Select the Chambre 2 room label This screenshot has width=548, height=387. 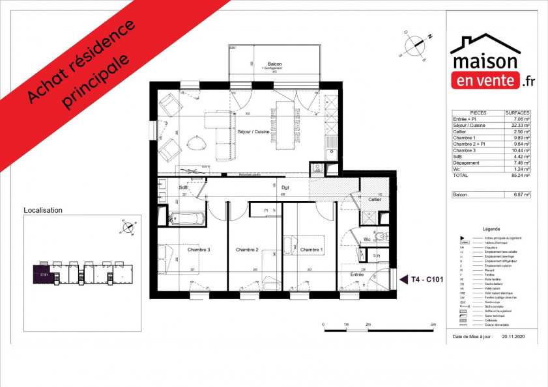248,250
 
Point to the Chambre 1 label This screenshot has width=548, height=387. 311,250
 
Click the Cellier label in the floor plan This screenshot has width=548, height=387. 374,199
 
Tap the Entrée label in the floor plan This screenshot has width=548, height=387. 358,274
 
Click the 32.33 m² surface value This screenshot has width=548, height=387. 520,126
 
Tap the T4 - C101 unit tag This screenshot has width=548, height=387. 427,280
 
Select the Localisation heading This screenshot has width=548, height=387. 43,211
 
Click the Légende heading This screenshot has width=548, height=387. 491,230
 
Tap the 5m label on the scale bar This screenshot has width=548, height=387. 433,324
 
